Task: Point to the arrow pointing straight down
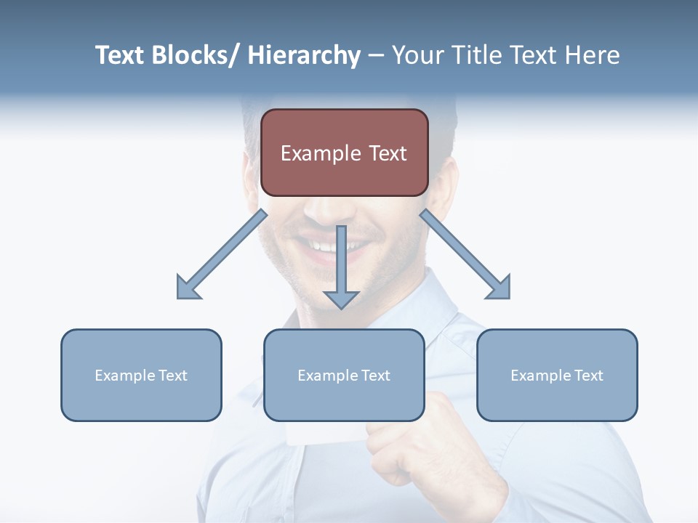(x=341, y=269)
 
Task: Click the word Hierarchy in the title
(x=304, y=56)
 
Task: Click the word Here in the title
(x=593, y=56)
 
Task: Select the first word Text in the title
(x=121, y=56)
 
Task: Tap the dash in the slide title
(x=376, y=56)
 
